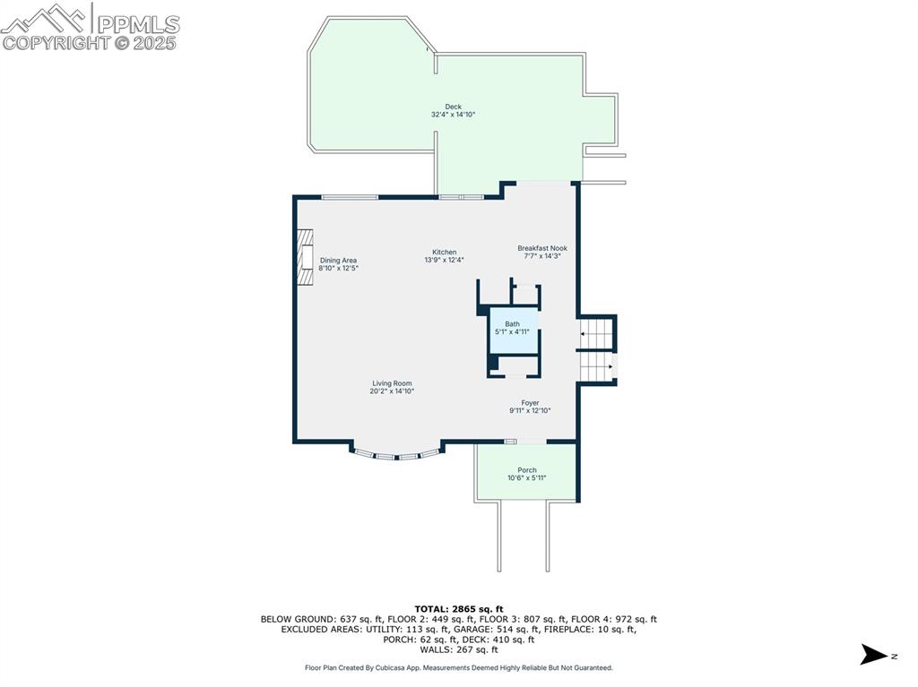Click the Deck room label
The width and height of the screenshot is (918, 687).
(x=453, y=107)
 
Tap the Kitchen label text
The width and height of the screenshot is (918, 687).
(x=445, y=253)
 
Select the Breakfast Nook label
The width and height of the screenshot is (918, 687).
(x=542, y=248)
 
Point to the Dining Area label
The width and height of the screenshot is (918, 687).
(x=338, y=261)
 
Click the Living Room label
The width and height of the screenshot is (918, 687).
(x=393, y=383)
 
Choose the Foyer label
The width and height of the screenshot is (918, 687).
(x=530, y=402)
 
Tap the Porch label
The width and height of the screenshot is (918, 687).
(x=527, y=470)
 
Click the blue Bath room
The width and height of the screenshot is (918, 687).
(x=514, y=331)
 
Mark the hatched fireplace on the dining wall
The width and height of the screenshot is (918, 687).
(x=305, y=257)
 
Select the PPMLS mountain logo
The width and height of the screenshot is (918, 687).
(x=47, y=19)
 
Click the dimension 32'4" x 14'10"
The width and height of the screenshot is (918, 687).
(x=453, y=115)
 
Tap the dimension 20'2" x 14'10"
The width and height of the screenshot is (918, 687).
(x=393, y=391)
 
